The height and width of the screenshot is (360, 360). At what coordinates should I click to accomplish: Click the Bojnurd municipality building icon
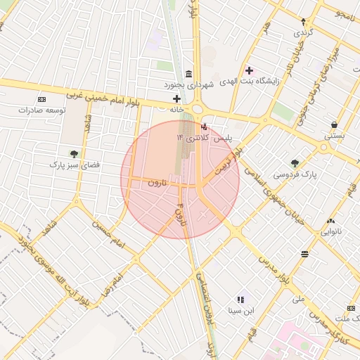[x=188, y=74]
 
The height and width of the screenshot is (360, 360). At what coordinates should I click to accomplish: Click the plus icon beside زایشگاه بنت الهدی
[x=249, y=70]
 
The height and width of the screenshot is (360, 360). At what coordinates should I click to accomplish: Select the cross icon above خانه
[x=176, y=98]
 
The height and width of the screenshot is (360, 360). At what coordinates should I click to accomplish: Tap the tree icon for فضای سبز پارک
[x=74, y=153]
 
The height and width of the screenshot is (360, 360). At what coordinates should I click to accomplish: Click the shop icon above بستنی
[x=333, y=124]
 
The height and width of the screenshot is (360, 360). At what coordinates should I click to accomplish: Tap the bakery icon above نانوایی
[x=330, y=220]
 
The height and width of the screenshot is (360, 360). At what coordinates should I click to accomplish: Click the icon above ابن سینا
[x=242, y=299]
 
